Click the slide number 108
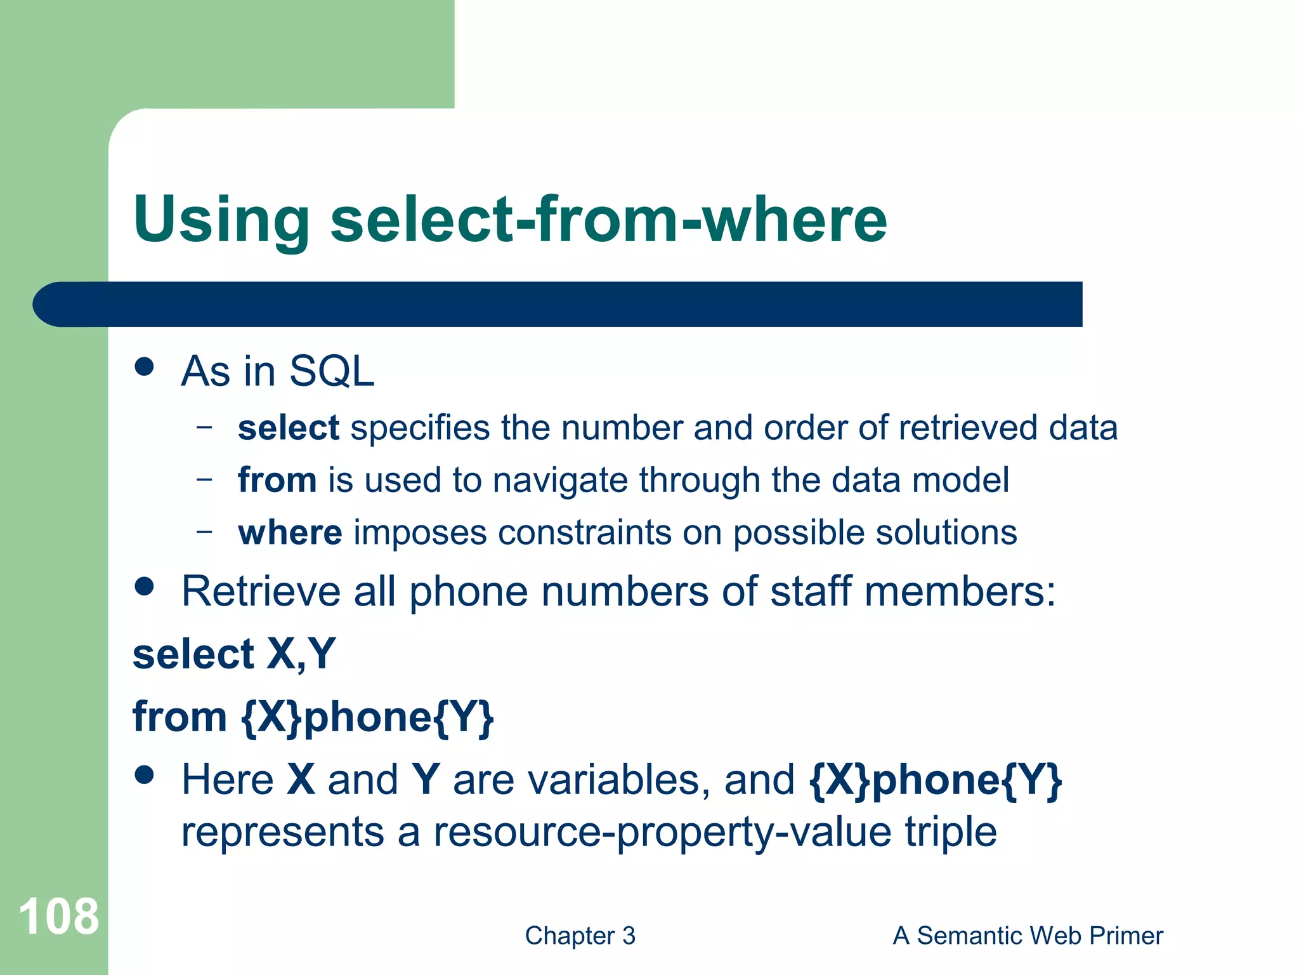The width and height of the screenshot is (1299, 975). click(58, 916)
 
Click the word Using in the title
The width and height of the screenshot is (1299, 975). click(221, 220)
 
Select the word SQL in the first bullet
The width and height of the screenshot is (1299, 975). click(331, 371)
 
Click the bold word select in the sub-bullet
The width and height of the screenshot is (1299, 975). click(289, 428)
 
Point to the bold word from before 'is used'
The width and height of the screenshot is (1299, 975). click(277, 480)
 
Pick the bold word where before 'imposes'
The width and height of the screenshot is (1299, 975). click(290, 532)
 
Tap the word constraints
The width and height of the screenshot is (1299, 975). click(584, 532)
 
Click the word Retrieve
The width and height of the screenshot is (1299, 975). click(261, 592)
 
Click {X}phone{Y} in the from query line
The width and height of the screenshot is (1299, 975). click(367, 717)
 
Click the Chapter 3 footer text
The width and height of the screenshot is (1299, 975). click(580, 936)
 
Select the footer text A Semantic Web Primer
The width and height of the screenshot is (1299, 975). click(1028, 936)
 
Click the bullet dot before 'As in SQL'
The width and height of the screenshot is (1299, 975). click(145, 366)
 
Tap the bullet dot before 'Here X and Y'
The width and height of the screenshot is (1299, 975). click(145, 775)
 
